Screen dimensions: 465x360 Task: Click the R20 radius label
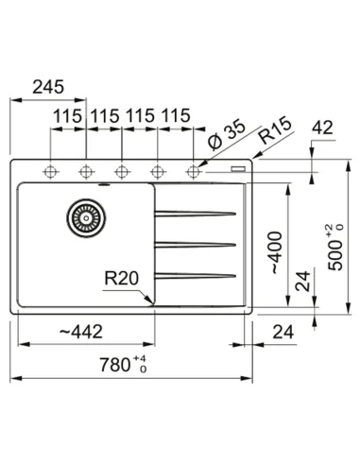(121, 279)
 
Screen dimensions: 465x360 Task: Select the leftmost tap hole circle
(50, 171)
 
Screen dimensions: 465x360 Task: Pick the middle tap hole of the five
(122, 171)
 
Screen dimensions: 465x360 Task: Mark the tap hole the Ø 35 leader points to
(195, 171)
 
